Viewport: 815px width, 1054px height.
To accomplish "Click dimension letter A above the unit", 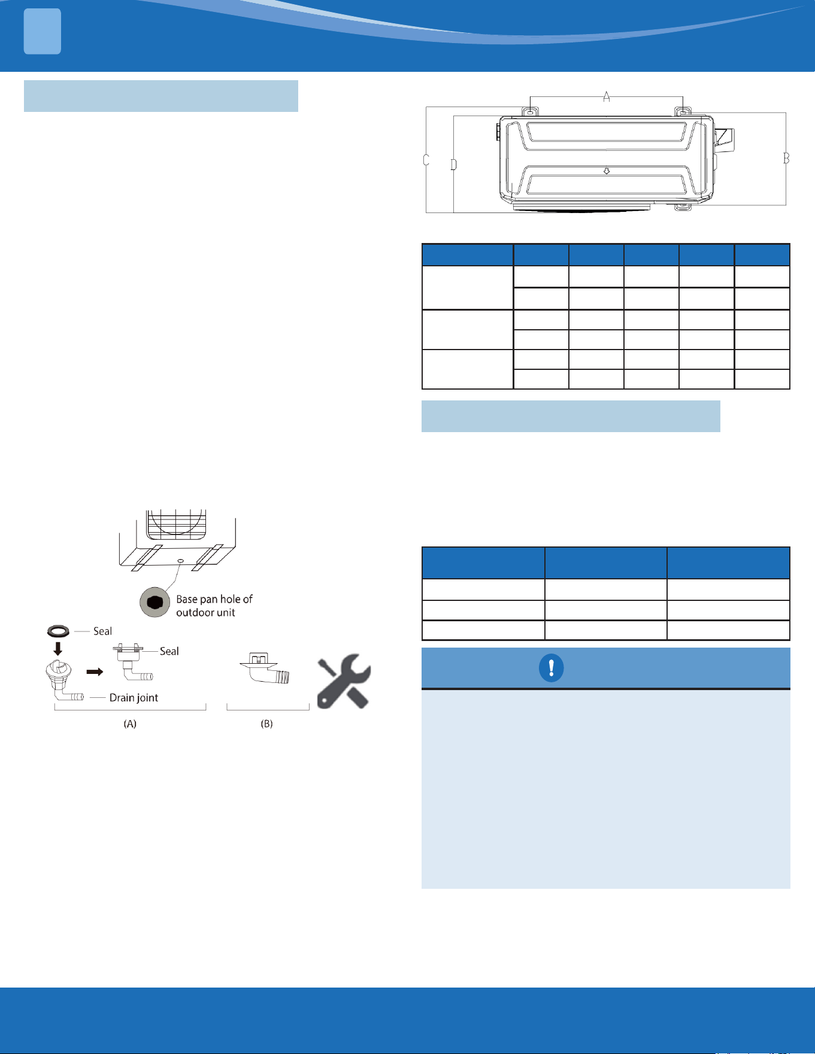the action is [607, 96].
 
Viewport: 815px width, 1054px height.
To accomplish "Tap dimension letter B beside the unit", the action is [786, 159].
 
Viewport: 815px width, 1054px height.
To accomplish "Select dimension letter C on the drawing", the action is [426, 160].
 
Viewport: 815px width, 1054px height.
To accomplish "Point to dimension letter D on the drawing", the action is [454, 165].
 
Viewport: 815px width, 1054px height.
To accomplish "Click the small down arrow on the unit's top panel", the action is [607, 171].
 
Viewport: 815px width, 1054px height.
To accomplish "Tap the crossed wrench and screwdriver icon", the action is [344, 681].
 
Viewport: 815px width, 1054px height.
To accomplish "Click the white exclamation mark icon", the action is [551, 668].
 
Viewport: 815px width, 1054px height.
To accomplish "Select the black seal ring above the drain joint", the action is [58, 631].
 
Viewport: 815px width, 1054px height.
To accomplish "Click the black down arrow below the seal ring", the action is [58, 649].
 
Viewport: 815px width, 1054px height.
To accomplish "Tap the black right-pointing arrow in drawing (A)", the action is [95, 672].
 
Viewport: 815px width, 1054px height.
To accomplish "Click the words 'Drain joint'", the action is [134, 698].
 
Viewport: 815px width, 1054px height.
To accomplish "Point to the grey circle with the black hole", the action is [154, 602].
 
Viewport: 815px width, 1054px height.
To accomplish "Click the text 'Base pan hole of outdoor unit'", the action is [214, 606].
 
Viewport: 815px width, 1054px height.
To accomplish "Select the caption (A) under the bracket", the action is [130, 724].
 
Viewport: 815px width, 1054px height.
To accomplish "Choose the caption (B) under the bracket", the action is [266, 724].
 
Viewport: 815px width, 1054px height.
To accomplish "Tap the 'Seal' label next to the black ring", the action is [102, 631].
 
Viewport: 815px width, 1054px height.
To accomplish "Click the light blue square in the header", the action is [43, 32].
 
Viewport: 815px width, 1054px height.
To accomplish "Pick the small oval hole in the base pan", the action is [181, 561].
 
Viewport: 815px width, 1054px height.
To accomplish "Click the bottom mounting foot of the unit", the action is [683, 206].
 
